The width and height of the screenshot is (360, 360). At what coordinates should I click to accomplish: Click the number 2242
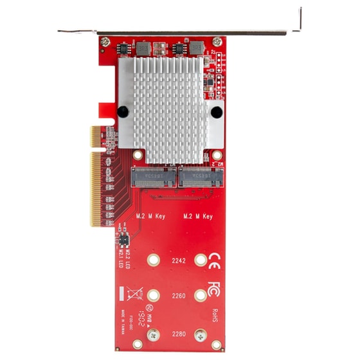(x=177, y=261)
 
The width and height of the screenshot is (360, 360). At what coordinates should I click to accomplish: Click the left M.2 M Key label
(x=151, y=217)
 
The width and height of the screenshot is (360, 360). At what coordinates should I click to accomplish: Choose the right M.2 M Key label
(x=198, y=217)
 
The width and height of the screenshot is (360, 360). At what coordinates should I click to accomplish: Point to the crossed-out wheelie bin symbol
(x=134, y=294)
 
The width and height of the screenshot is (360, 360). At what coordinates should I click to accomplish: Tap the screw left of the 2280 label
(x=154, y=334)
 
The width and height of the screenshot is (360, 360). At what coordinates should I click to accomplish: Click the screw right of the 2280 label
(x=201, y=334)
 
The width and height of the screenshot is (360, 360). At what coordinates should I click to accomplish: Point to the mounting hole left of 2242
(x=154, y=260)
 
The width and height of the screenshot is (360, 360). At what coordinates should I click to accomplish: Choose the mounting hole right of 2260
(x=201, y=296)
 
